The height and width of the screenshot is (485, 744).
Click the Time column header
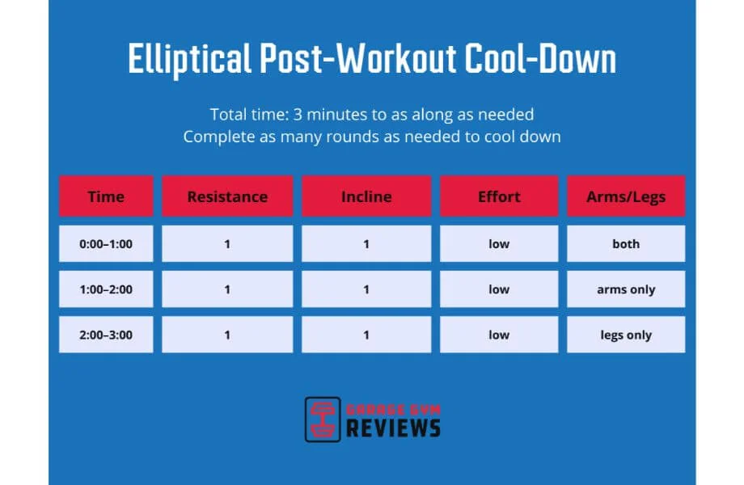coord(106,196)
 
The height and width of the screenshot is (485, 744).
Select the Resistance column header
coord(227,196)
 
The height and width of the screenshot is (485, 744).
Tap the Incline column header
coord(366,196)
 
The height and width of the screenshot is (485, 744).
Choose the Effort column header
coord(499,196)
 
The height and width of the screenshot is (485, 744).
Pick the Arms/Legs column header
coord(626,196)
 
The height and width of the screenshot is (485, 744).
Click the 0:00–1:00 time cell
coord(106,243)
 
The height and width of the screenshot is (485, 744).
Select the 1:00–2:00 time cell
coord(106,289)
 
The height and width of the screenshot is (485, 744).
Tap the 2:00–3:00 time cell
coord(106,335)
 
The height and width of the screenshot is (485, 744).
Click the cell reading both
coord(626,243)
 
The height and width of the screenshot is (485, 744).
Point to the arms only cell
coord(626,289)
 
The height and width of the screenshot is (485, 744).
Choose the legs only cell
coord(626,335)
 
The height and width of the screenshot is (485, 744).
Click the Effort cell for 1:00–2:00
coord(499,289)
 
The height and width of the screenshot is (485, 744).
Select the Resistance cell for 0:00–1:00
coord(227,243)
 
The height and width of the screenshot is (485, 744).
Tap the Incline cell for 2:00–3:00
coord(366,335)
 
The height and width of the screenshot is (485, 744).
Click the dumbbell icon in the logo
coord(323,419)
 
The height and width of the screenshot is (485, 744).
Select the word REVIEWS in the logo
coord(393,428)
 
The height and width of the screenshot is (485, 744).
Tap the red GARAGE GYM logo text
coord(393,409)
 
